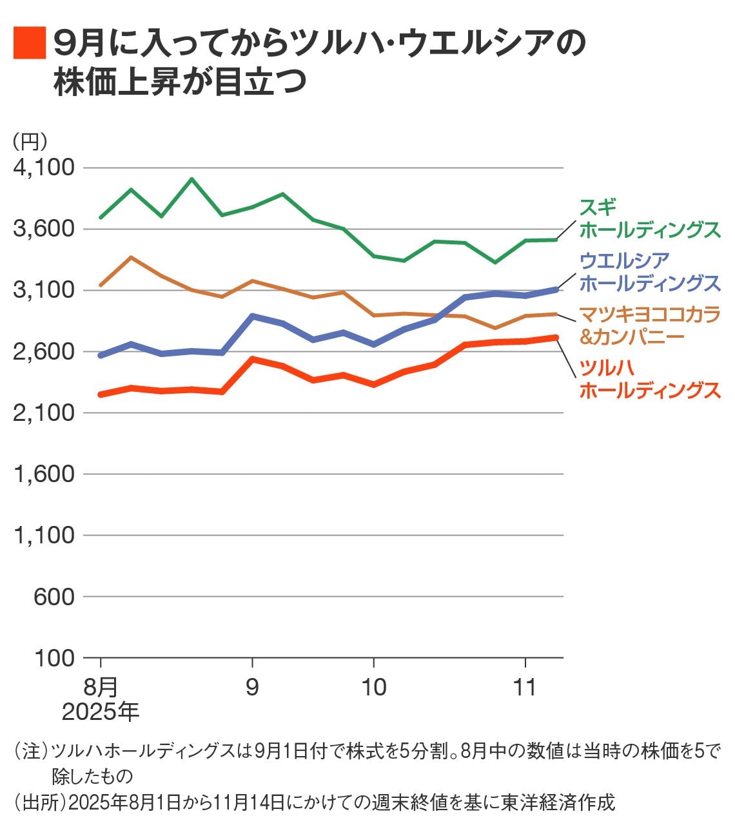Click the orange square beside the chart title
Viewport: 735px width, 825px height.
30,43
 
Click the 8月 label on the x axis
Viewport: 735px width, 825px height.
101,687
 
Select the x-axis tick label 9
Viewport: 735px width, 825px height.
252,687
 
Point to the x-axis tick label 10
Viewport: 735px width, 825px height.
373,687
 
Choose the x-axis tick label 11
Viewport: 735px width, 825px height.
525,687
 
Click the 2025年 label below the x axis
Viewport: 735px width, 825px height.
101,712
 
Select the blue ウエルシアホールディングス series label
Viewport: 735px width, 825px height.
649,271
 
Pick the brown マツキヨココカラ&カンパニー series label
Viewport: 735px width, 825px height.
649,325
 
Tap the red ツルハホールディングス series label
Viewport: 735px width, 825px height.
649,378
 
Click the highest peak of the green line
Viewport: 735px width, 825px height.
191,179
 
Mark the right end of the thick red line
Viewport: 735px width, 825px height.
555,337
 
